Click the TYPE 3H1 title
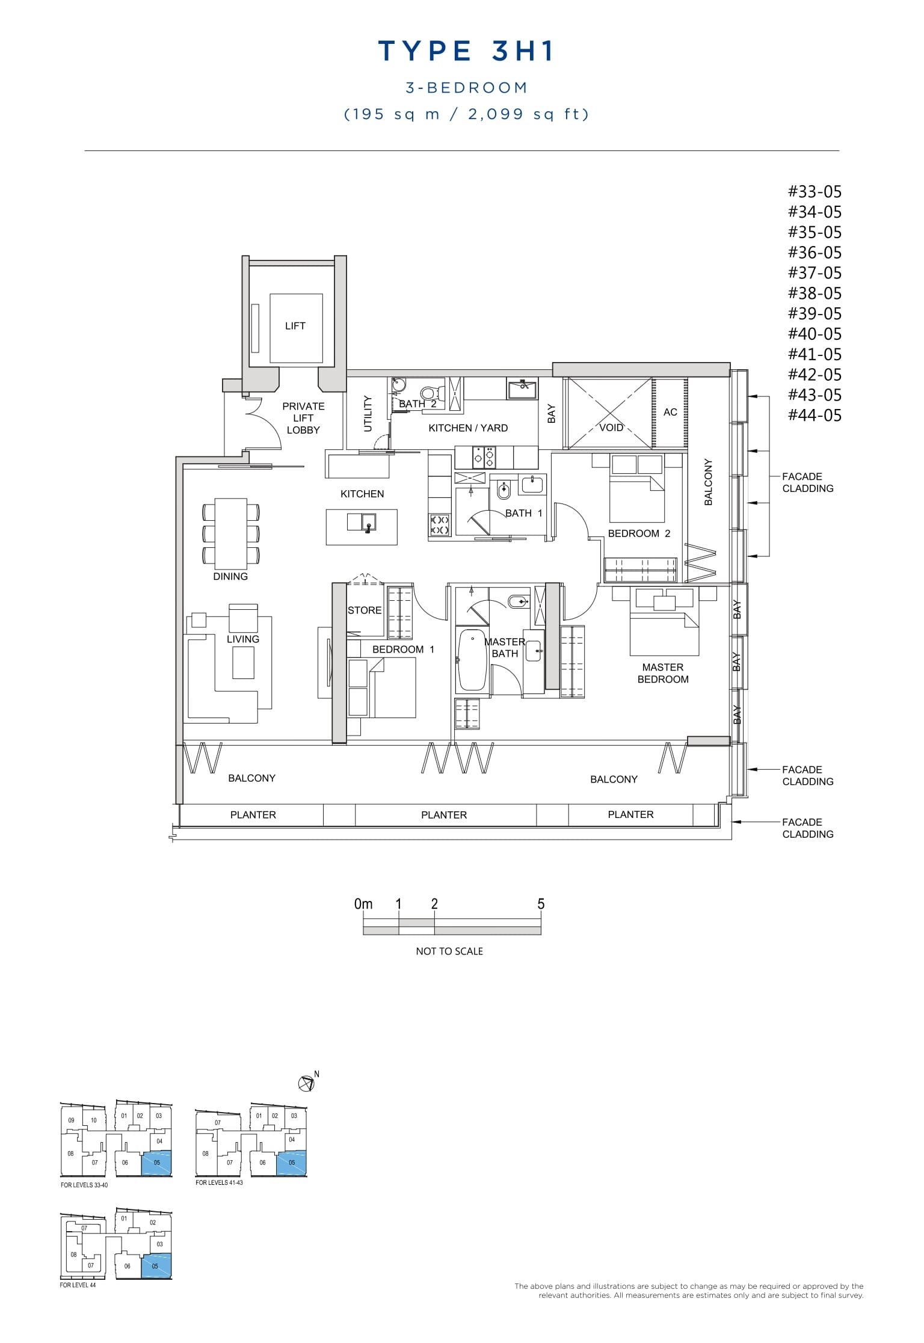point(466,52)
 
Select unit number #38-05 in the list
point(815,293)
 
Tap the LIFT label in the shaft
point(295,326)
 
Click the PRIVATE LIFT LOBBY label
point(303,418)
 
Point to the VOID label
point(611,428)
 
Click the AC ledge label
point(670,412)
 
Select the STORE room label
point(365,610)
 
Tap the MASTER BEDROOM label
point(662,673)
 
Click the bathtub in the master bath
point(472,659)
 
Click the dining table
point(231,533)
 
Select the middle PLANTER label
point(444,815)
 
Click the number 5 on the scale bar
point(540,904)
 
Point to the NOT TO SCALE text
point(449,951)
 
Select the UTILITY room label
point(368,413)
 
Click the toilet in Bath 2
point(428,393)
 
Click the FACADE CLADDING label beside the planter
point(807,828)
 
